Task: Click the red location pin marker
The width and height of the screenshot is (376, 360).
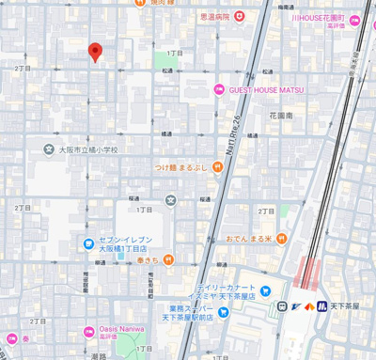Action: coord(94,52)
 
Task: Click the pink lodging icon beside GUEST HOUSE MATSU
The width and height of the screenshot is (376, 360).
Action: coord(218,91)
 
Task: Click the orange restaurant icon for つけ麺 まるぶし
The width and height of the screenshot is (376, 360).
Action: coord(217,167)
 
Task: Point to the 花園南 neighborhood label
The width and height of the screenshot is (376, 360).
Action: coord(281,116)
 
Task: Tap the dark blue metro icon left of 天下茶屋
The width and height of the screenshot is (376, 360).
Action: coord(321,306)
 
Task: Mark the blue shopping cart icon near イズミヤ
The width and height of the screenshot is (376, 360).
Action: coord(265,290)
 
